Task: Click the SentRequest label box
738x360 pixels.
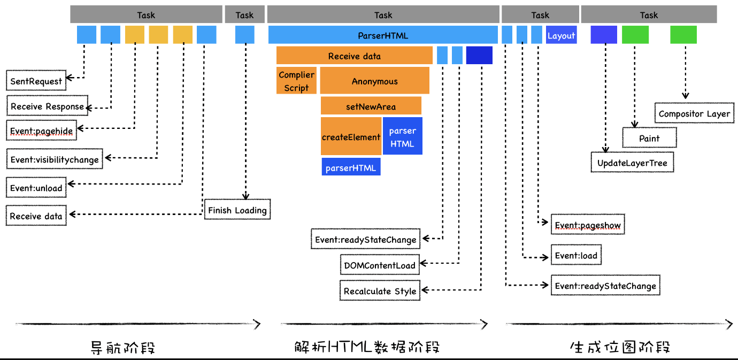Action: pos(36,81)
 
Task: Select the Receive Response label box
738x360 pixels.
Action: pos(47,106)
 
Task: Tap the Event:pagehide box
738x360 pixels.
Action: pos(41,131)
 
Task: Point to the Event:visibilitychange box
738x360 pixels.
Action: pos(55,159)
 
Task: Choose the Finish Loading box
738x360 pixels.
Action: pos(237,210)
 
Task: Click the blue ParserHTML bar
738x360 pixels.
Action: pos(383,35)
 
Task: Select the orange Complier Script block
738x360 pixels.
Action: pos(296,81)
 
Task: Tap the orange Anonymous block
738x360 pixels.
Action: pos(374,81)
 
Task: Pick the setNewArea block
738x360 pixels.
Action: pos(371,106)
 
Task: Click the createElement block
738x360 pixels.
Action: pos(351,137)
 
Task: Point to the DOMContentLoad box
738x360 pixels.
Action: pos(380,265)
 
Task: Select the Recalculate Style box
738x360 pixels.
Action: pos(380,291)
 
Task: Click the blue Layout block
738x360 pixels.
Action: pos(561,36)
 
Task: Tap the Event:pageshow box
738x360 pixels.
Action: pos(587,225)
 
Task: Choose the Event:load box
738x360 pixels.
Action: pos(575,256)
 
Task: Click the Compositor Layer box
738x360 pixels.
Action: pos(694,114)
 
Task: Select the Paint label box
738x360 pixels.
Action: pos(649,138)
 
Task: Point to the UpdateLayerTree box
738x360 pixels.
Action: pos(632,163)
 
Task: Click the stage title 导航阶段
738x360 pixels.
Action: pos(124,348)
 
